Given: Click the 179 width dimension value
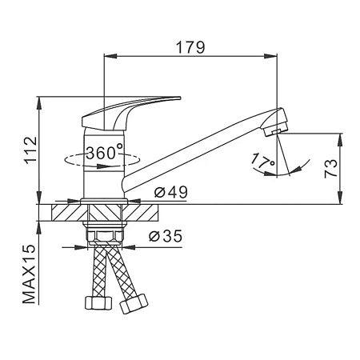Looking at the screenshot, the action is pyautogui.click(x=190, y=47).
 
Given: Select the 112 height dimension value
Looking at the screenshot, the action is pyautogui.click(x=30, y=150).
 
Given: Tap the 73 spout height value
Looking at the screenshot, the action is pyautogui.click(x=331, y=169).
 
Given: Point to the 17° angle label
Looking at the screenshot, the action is pyautogui.click(x=262, y=160).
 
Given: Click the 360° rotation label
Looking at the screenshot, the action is pyautogui.click(x=105, y=153).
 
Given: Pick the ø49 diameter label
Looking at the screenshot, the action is pyautogui.click(x=171, y=192).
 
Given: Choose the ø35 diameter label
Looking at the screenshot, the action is pyautogui.click(x=166, y=235).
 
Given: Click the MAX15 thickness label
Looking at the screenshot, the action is pyautogui.click(x=30, y=274).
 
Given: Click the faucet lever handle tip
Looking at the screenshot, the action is pyautogui.click(x=179, y=98).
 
